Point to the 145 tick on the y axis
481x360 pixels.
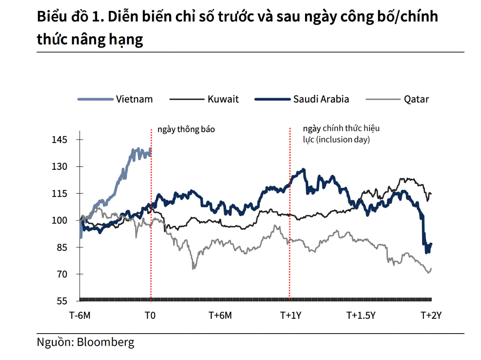tap(60, 140)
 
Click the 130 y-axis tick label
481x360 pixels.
tap(60, 167)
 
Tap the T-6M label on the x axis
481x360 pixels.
tap(80, 315)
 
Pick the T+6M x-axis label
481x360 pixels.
tap(220, 315)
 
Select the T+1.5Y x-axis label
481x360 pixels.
tap(361, 315)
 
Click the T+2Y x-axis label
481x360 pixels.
tap(431, 315)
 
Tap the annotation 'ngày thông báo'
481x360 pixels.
tap(186, 129)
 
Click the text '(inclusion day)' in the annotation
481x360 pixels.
tap(343, 140)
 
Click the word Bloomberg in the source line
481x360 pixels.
tap(105, 342)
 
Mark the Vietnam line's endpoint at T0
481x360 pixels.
tap(150, 149)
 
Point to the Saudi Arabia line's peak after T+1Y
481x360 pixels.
tap(303, 169)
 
